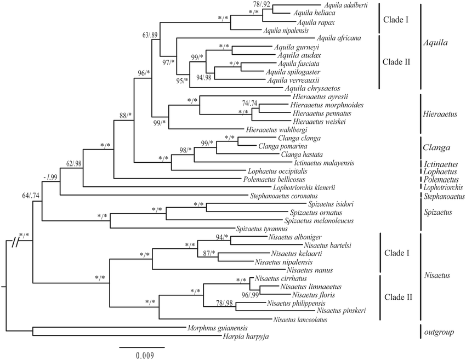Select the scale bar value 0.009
(x=142, y=354)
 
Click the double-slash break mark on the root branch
(x=12, y=240)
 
